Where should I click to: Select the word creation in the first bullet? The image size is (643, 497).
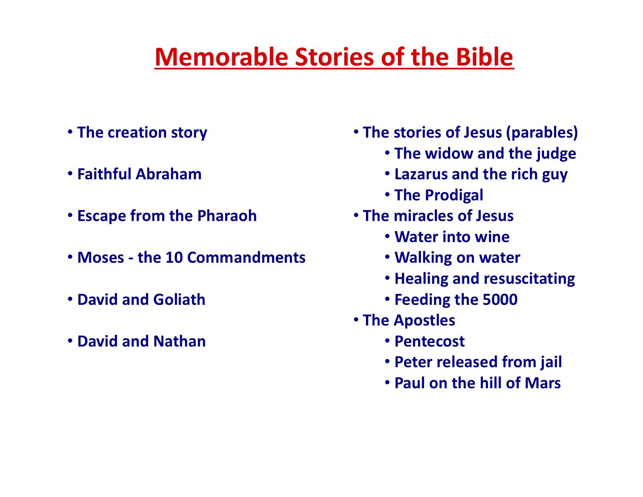coord(137,132)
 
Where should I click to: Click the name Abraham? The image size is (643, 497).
coord(169,174)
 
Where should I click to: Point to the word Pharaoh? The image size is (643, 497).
coord(227,216)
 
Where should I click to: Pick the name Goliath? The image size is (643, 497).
coord(179,299)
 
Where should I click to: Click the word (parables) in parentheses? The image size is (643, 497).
coord(542,132)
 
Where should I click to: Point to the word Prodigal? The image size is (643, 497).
coord(454,195)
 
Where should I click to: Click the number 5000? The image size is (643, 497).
coord(500,299)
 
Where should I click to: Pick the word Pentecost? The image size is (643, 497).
coord(430,341)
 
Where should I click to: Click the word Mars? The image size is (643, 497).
coord(543,383)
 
